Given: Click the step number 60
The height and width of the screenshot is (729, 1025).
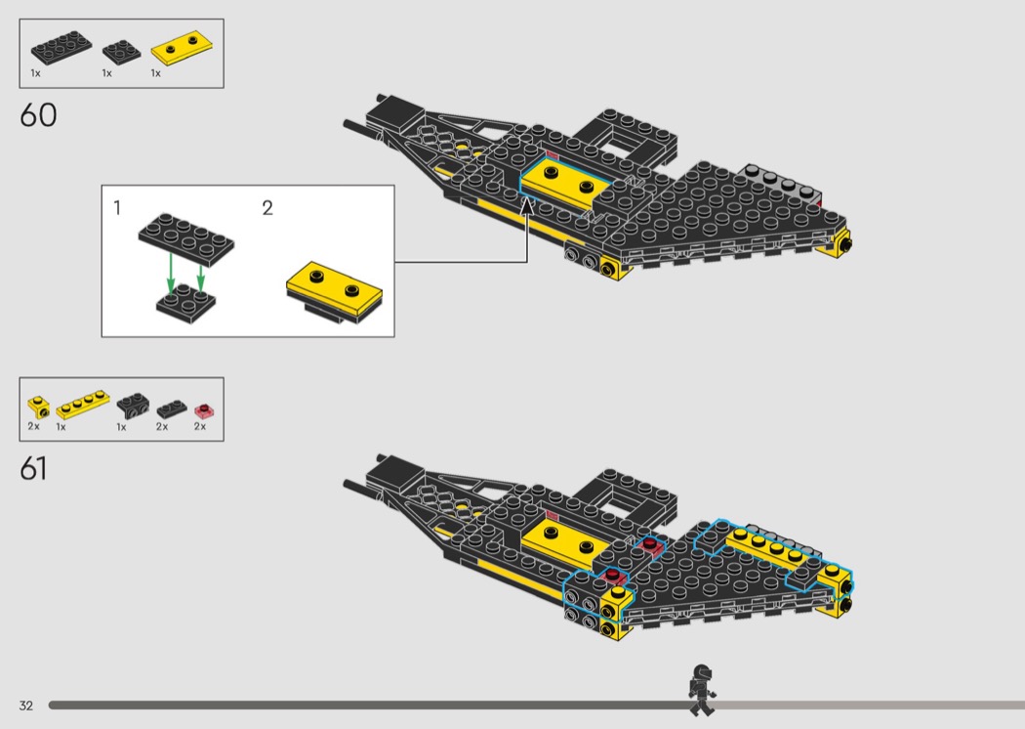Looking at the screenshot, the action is coord(38,115).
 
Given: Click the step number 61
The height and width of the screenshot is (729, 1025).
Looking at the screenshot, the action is coord(33,468).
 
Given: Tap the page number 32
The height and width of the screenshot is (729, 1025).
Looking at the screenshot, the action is coord(25,706).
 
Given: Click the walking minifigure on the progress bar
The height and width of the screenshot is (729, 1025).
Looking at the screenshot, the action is coord(702,690).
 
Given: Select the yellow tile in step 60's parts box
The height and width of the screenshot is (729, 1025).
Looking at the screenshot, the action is coord(182,48).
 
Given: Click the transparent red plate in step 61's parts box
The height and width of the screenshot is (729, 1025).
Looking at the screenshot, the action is coord(205,411).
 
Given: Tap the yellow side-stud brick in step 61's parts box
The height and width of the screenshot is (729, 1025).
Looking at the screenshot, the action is coord(38,407).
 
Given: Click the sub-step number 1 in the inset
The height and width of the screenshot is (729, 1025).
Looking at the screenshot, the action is coord(117,208).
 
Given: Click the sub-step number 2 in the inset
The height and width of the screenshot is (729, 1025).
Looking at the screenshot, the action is coord(267,208).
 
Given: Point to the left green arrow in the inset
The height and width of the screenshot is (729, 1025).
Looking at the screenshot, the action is coord(171,274).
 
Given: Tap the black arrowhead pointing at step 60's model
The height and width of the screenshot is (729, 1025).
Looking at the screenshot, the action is coord(527,205).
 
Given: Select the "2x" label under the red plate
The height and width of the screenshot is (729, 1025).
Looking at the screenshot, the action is coord(200,427).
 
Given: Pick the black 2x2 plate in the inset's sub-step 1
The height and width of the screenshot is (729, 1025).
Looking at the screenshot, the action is coord(186,304).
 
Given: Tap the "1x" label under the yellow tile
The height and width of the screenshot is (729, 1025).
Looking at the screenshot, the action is coord(155,73).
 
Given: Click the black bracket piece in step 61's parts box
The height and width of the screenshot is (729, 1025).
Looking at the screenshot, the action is coord(133,406).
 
